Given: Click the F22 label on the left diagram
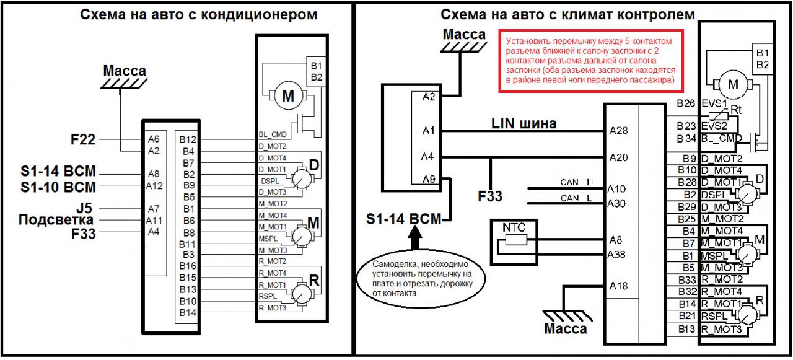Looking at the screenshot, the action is click(83, 139).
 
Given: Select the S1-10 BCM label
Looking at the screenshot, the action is click(58, 187).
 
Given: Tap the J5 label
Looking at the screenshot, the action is click(84, 208).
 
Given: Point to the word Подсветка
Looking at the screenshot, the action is click(56, 220).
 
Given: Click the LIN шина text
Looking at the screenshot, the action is click(524, 123).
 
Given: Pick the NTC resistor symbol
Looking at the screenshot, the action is click(516, 240).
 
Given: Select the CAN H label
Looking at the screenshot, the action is click(576, 182).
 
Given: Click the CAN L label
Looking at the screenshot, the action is click(576, 198).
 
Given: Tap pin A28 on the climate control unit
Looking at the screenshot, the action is click(618, 131).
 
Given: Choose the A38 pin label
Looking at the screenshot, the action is click(616, 254).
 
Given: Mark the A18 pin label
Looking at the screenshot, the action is click(618, 286).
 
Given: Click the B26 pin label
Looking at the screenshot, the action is click(686, 103).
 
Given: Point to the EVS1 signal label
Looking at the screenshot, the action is click(714, 103).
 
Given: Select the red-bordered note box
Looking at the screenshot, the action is click(591, 61).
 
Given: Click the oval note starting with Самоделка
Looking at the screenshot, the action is click(421, 279).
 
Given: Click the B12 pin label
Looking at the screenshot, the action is click(188, 139).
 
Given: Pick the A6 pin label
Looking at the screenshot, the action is click(154, 139).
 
